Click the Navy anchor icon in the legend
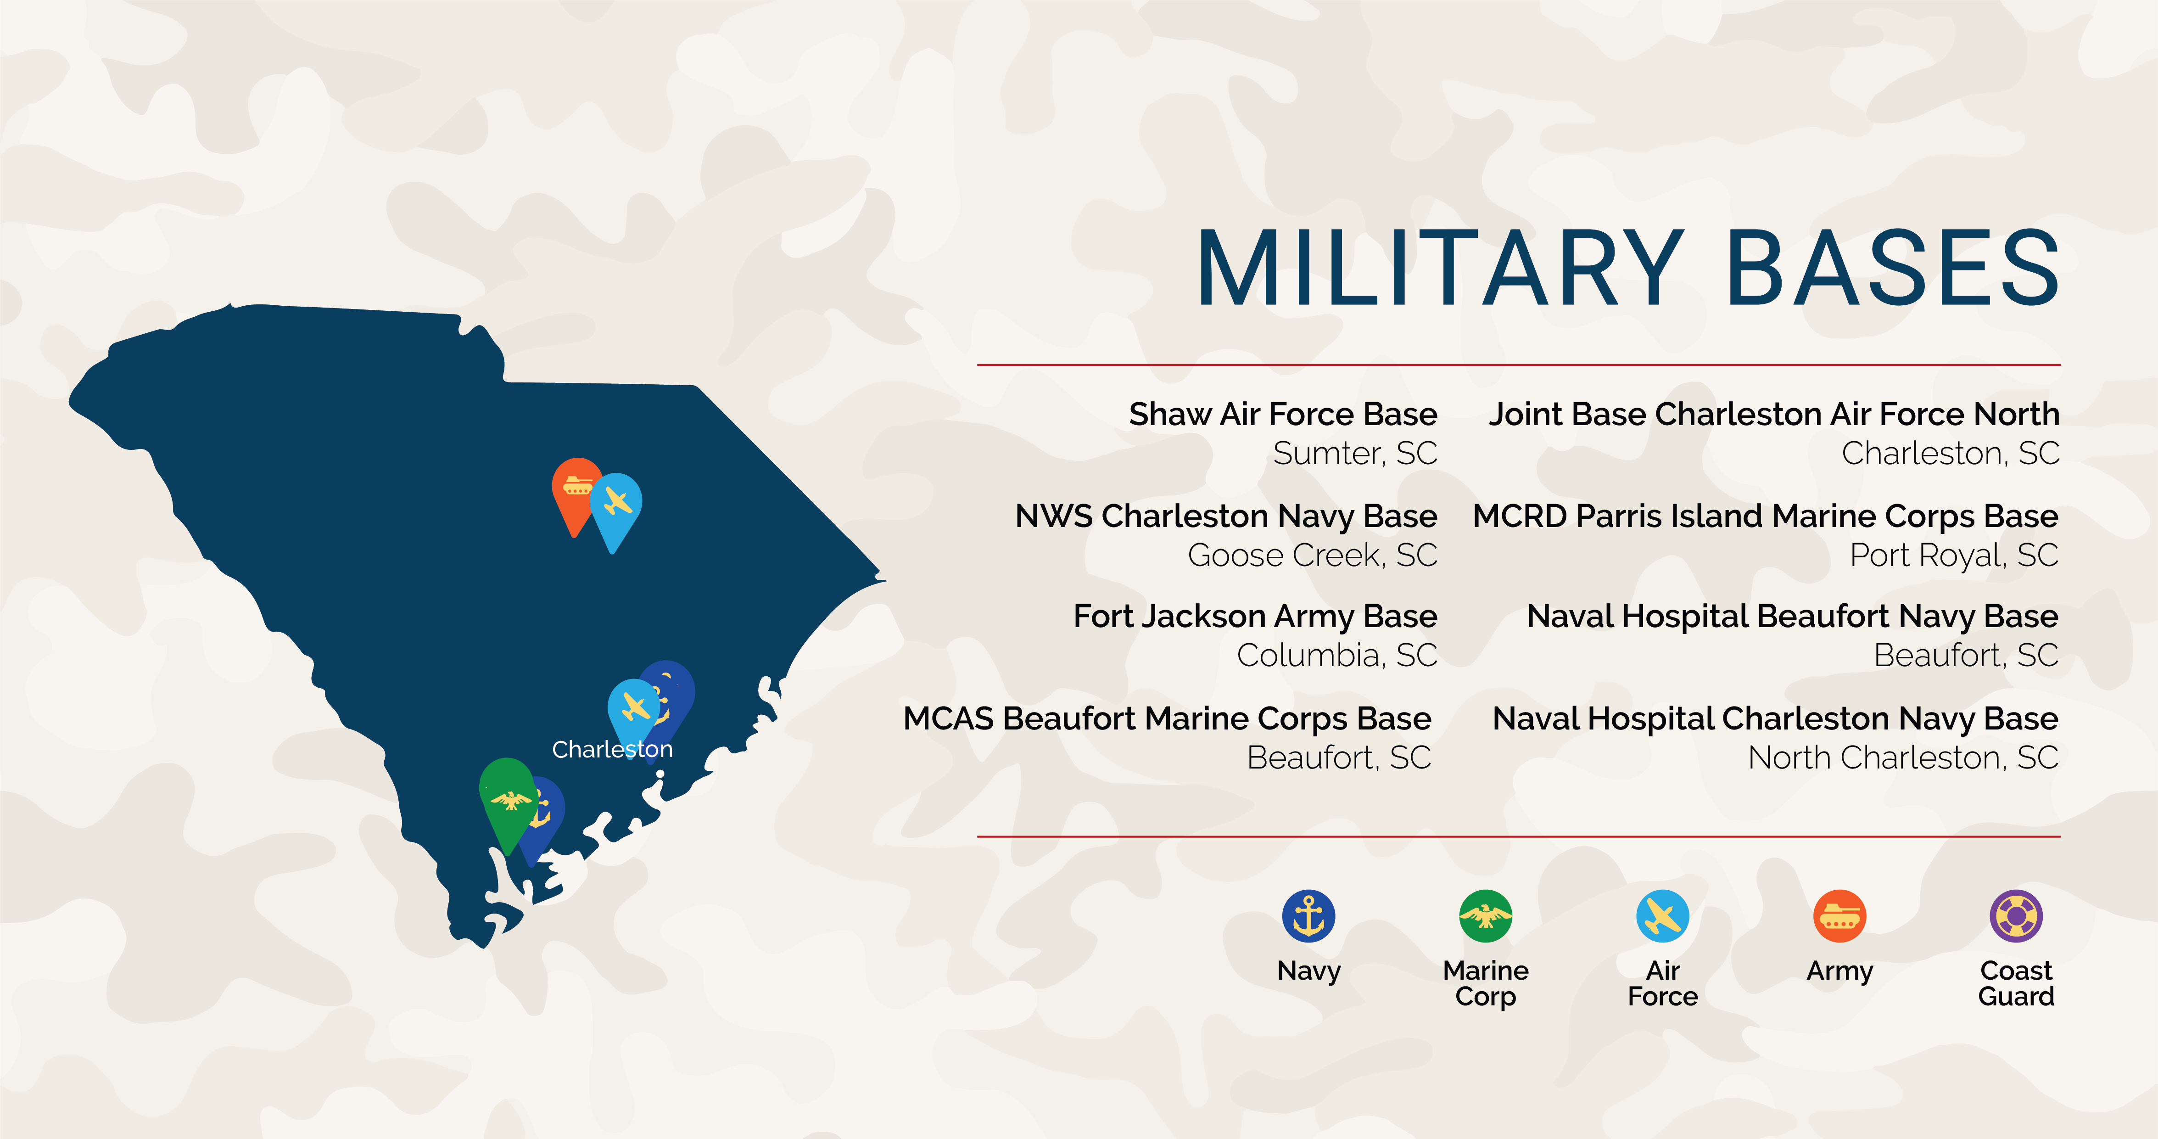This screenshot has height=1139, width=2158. pyautogui.click(x=1308, y=915)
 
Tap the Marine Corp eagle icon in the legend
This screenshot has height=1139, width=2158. pyautogui.click(x=1485, y=915)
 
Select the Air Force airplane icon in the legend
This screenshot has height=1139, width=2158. pyautogui.click(x=1663, y=915)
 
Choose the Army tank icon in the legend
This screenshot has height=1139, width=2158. pyautogui.click(x=1839, y=915)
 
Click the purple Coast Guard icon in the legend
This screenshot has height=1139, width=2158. pyautogui.click(x=2017, y=915)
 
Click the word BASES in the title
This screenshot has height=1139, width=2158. pyautogui.click(x=1892, y=269)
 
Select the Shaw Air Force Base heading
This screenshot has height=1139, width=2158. pyautogui.click(x=1283, y=414)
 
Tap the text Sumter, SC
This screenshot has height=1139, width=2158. pyautogui.click(x=1355, y=454)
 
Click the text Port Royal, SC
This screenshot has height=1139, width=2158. pyautogui.click(x=1954, y=555)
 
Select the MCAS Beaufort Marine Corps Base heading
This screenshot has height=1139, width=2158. pyautogui.click(x=1168, y=719)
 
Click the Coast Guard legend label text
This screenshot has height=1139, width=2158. pyautogui.click(x=2017, y=983)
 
